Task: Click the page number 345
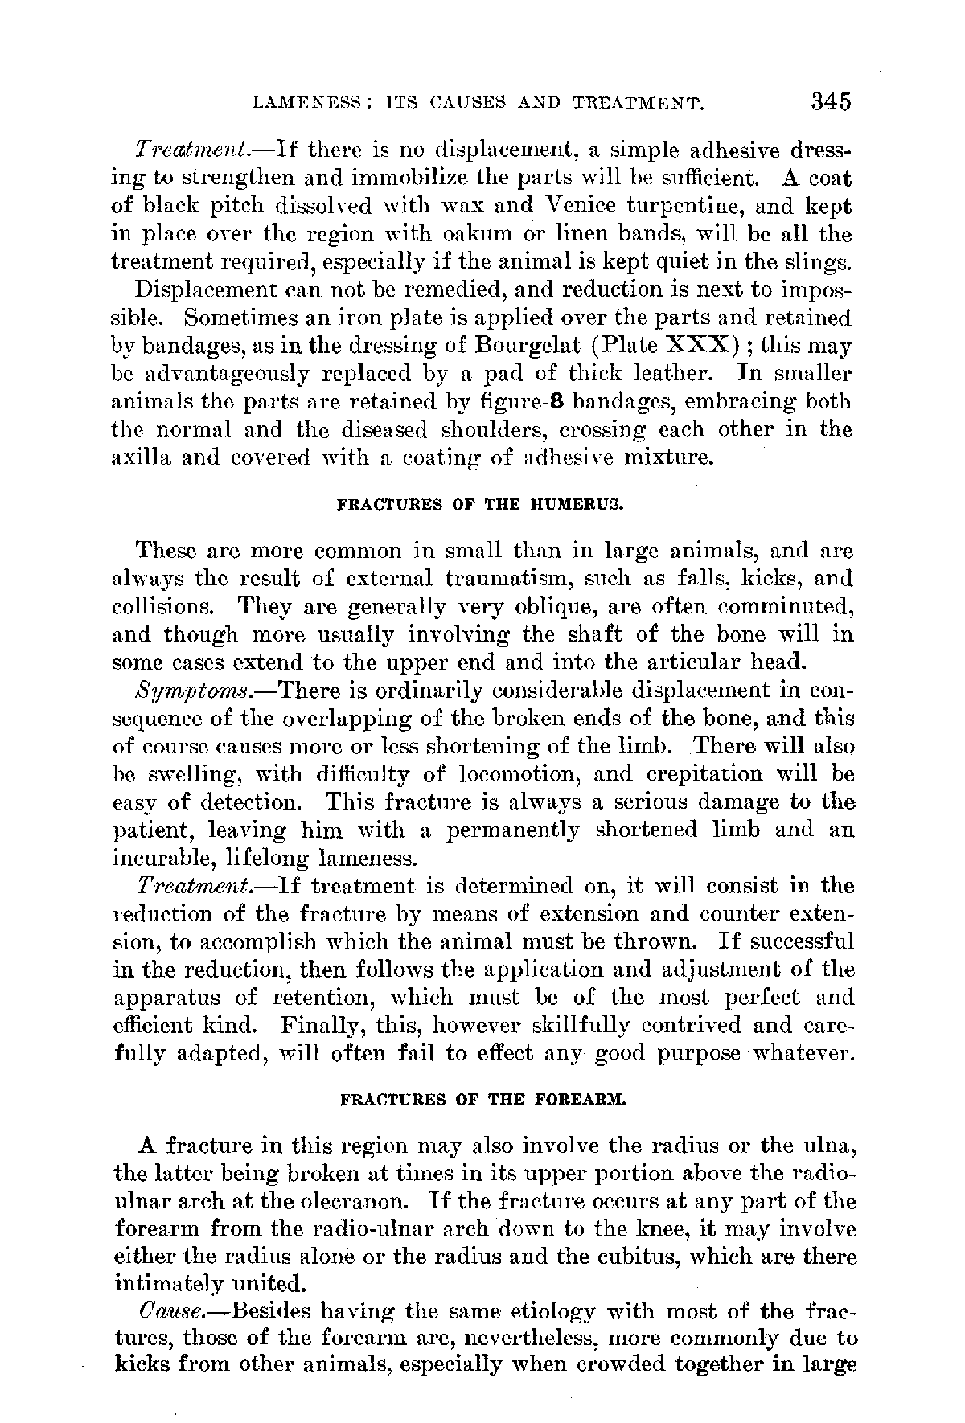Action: (830, 102)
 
